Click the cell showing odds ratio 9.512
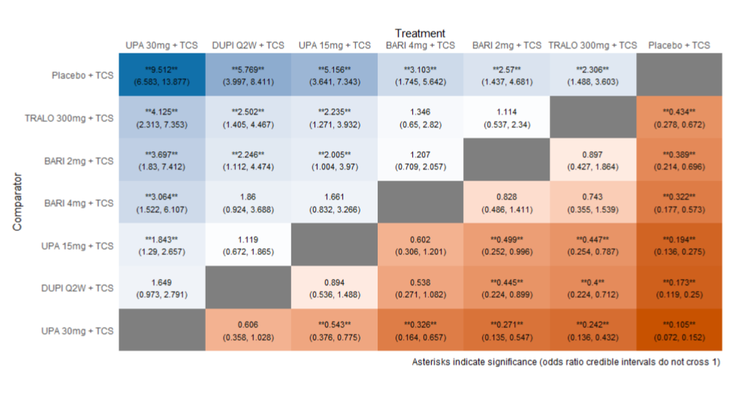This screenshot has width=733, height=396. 162,75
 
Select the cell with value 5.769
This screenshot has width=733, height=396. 248,75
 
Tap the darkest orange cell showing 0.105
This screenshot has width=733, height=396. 679,330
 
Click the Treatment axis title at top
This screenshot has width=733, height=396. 420,34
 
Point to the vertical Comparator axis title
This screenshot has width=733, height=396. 17,202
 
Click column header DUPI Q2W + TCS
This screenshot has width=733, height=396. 248,45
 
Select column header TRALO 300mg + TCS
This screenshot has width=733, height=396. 593,45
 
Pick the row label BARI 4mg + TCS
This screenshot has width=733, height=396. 79,203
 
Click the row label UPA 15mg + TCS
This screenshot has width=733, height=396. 77,246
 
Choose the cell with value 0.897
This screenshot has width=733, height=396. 593,160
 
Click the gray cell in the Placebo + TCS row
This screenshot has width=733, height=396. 679,75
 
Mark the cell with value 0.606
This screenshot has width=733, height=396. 248,330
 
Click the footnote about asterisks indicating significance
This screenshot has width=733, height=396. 566,362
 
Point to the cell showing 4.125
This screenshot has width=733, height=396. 162,118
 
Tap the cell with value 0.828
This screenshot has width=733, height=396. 507,203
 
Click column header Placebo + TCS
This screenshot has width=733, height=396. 679,45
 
